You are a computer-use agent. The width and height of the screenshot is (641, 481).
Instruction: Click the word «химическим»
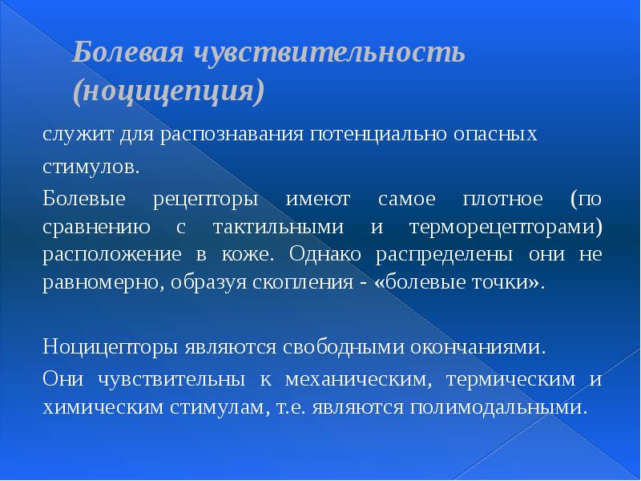click(102, 406)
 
